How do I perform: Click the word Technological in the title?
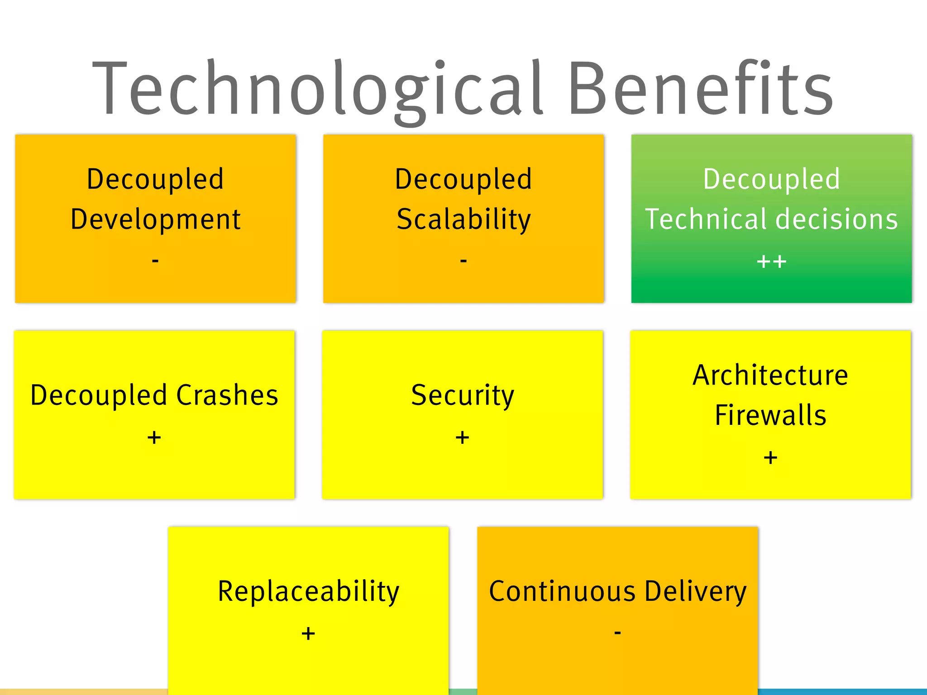click(317, 88)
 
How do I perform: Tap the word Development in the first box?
click(155, 219)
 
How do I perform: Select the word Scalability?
click(463, 219)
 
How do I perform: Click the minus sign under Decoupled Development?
click(155, 261)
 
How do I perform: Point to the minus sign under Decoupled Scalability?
click(463, 261)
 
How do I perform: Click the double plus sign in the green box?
click(771, 262)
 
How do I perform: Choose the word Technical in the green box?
click(706, 219)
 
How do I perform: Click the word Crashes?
click(227, 395)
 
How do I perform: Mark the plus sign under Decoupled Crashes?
click(154, 438)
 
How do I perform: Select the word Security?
click(463, 395)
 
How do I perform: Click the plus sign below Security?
click(462, 438)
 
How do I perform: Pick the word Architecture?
click(770, 375)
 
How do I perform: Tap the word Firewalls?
click(770, 415)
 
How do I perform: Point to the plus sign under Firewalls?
click(770, 458)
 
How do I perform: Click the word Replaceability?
click(309, 591)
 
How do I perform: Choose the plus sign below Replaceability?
click(308, 633)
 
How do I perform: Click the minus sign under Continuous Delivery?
click(617, 632)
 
